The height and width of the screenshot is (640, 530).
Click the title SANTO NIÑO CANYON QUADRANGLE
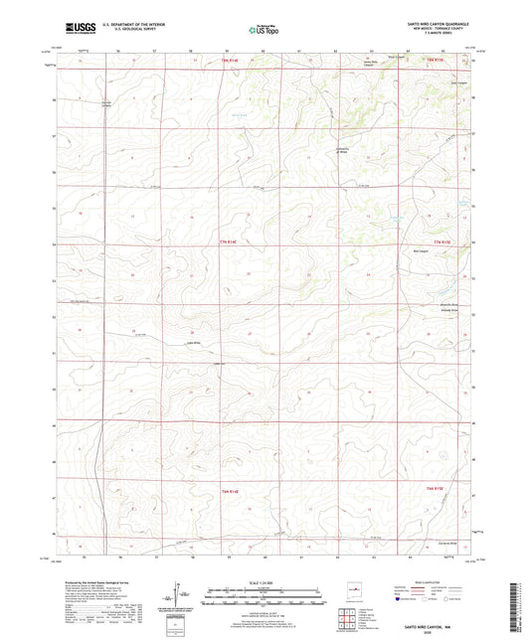pyautogui.click(x=435, y=22)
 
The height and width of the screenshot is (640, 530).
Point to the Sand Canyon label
pyautogui.click(x=457, y=82)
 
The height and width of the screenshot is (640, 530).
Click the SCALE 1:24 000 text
pyautogui.click(x=264, y=582)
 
